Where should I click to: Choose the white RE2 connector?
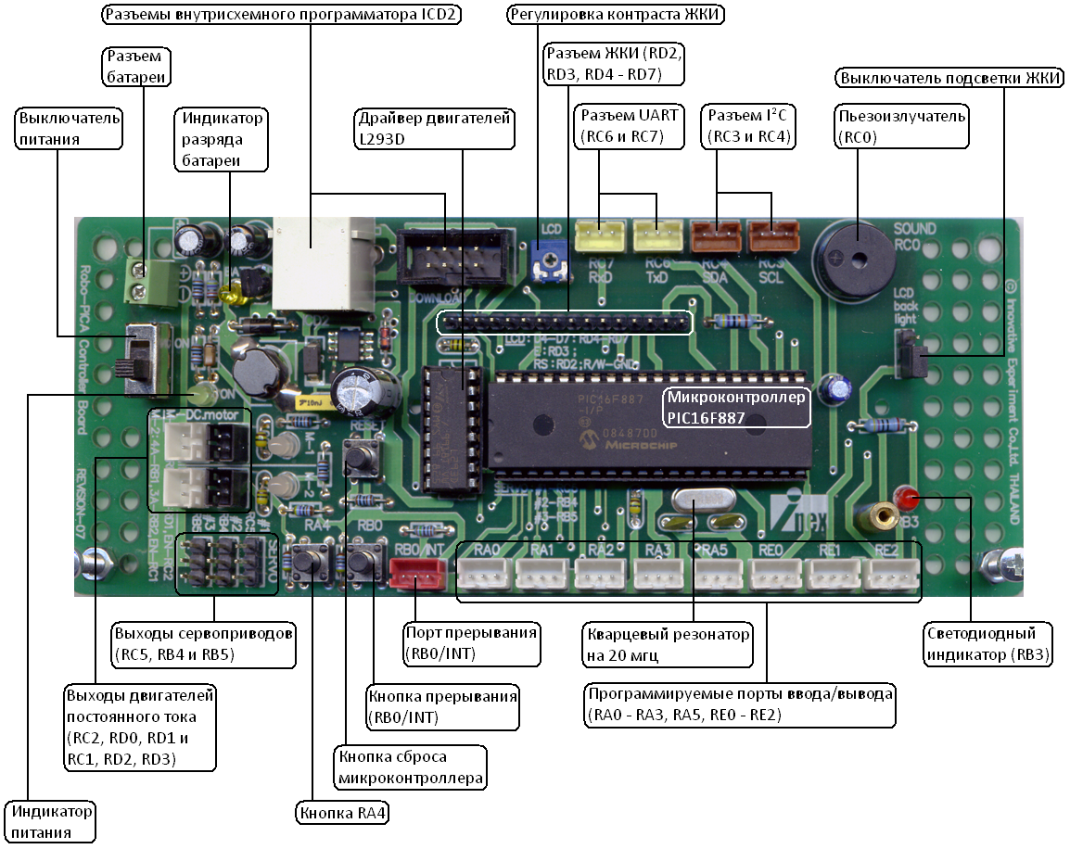891,576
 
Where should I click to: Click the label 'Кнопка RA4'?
342,814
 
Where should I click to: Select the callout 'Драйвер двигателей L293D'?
435,129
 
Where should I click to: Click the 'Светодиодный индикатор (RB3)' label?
989,644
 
